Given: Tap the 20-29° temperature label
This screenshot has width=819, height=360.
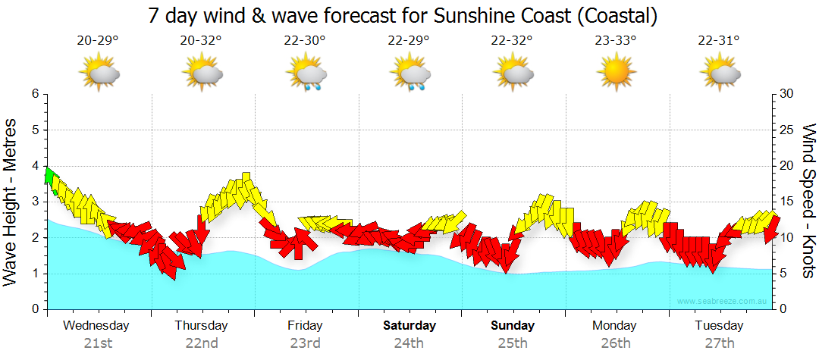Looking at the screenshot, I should click(98, 41).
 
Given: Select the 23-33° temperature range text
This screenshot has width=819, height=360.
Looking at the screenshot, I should click(615, 41).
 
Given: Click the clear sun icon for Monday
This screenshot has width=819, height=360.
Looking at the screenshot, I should click(615, 73).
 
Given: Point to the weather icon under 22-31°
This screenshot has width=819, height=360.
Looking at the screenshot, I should click(720, 74).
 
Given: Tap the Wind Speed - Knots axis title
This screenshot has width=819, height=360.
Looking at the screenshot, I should click(808, 201).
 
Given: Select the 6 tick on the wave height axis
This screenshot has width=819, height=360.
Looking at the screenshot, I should click(34, 94).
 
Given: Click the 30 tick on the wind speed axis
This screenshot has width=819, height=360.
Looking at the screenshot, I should click(787, 94).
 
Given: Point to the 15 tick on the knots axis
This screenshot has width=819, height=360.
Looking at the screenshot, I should click(787, 202).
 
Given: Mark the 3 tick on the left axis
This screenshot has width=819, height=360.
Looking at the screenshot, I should click(34, 202).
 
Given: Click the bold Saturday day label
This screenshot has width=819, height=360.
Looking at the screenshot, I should click(409, 326).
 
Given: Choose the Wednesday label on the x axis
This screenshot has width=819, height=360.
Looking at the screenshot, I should click(96, 326).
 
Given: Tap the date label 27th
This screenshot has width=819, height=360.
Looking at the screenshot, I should click(720, 343).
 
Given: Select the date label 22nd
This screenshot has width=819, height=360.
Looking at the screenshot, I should click(202, 343).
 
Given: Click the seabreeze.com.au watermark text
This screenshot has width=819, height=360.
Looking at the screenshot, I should click(723, 302).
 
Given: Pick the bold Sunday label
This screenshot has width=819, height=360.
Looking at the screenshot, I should click(513, 326).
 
